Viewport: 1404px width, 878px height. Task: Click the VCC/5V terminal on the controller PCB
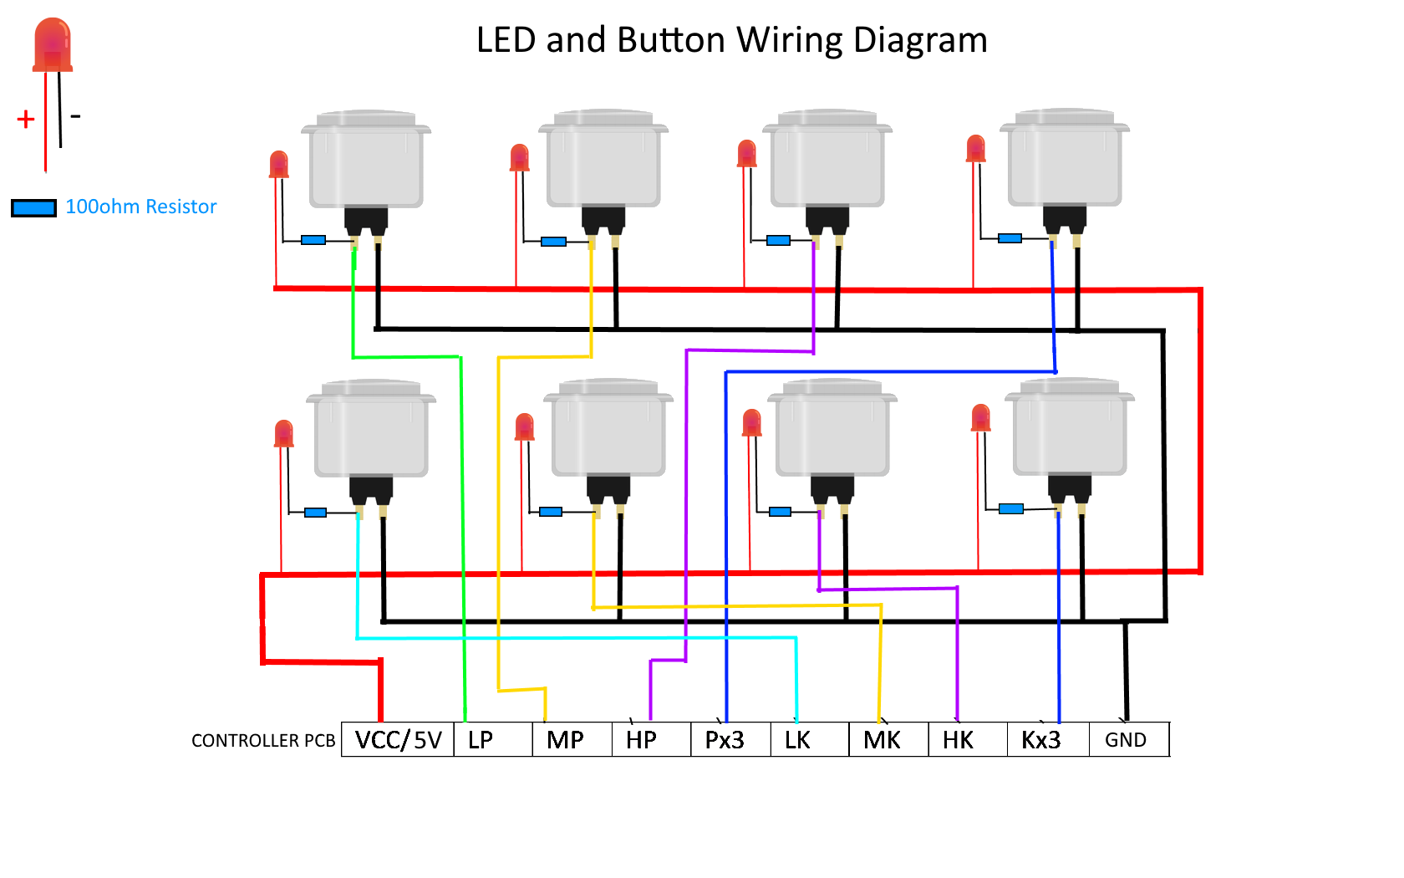[x=398, y=740]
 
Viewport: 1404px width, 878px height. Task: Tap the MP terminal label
[x=566, y=740]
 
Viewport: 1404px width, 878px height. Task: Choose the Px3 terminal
[x=725, y=740]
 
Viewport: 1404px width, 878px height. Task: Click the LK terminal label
[x=797, y=740]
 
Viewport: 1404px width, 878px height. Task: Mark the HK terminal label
[x=958, y=740]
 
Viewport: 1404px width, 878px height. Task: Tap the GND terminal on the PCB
[x=1127, y=740]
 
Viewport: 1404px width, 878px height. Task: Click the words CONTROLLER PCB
[x=263, y=741]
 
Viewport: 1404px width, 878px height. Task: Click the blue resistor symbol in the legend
[x=33, y=207]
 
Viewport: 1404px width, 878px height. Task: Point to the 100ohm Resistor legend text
[x=140, y=207]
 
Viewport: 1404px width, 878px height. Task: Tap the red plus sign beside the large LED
[x=26, y=120]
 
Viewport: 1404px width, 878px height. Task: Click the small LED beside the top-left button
[x=279, y=164]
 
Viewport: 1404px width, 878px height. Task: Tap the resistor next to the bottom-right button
[x=1011, y=508]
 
